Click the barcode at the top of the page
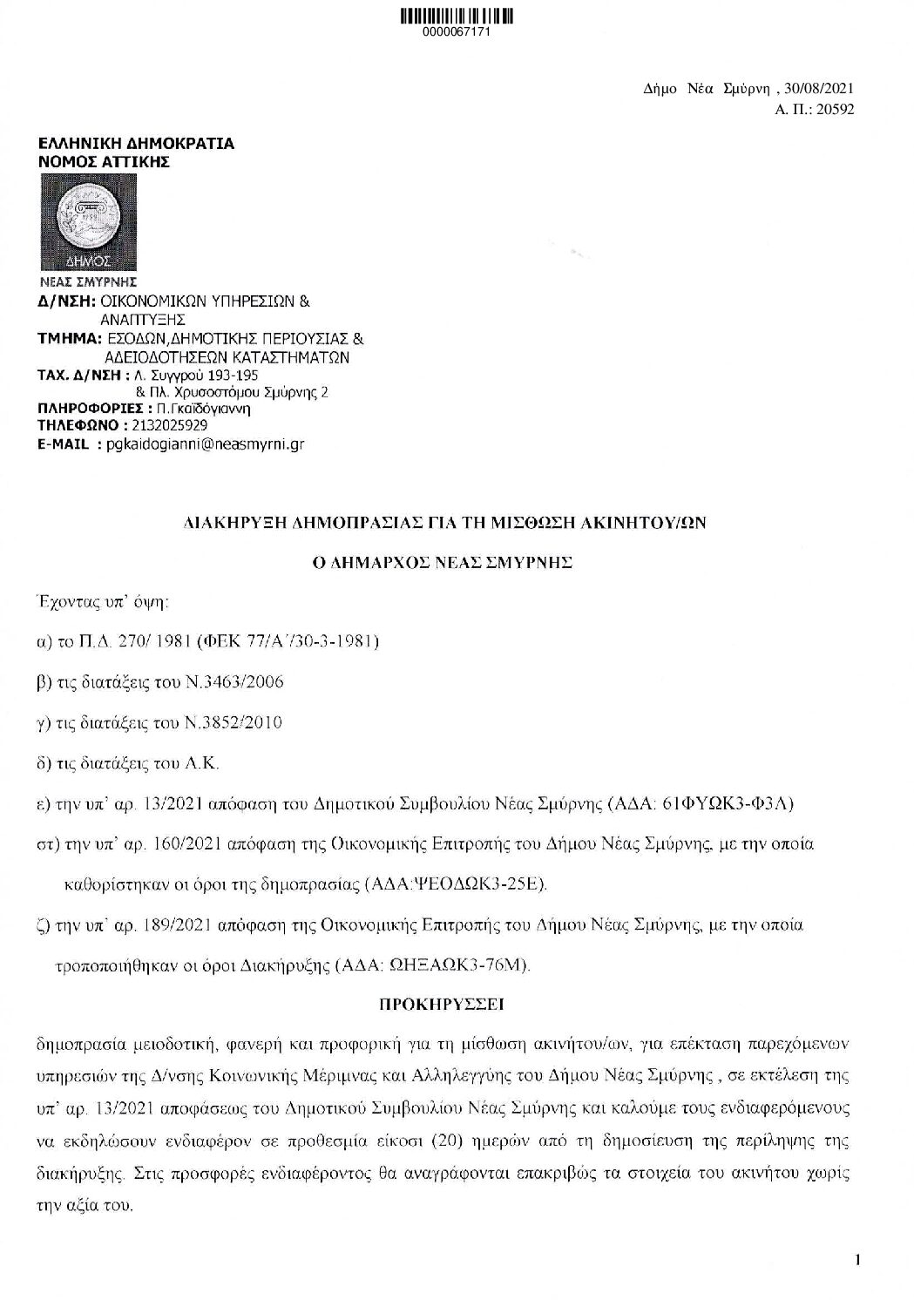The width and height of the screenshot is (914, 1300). point(456,16)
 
